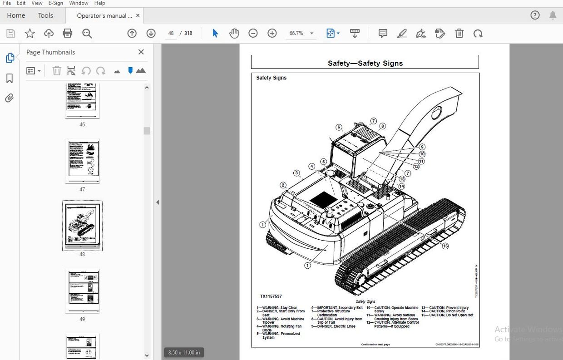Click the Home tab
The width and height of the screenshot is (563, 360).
[16, 15]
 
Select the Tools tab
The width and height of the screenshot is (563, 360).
[45, 15]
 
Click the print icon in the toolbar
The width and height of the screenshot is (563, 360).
[68, 33]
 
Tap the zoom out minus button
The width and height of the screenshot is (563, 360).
[253, 33]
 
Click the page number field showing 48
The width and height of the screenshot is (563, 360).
[171, 33]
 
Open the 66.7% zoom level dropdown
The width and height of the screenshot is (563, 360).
[311, 33]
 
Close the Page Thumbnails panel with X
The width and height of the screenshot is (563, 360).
[141, 52]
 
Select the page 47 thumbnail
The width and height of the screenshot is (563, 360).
[82, 161]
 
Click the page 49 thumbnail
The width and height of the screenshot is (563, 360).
[82, 291]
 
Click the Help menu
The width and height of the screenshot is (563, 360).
[99, 3]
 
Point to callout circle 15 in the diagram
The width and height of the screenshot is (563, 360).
[445, 246]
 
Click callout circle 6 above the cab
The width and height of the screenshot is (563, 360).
[339, 127]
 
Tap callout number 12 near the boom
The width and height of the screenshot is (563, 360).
[416, 167]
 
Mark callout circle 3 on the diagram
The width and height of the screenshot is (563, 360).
[296, 173]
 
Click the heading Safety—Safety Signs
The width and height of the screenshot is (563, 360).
[365, 64]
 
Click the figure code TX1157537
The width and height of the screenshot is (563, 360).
[271, 296]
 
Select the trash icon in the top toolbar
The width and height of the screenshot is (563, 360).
[459, 33]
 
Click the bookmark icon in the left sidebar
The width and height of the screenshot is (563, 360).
[10, 79]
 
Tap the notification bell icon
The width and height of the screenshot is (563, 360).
[553, 15]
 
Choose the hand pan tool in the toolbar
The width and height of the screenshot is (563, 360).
[234, 33]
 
